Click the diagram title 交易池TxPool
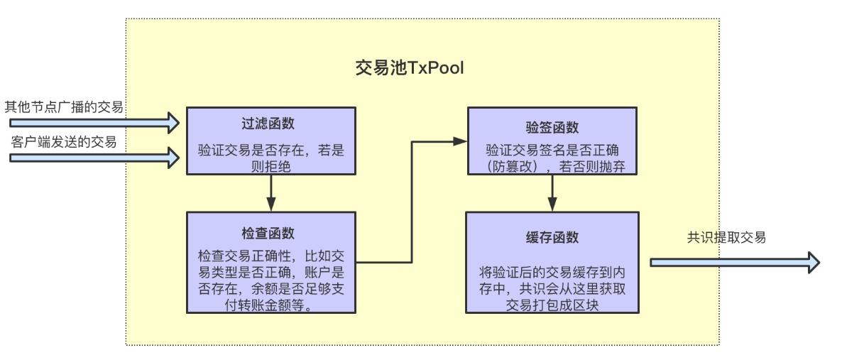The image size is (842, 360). click(x=410, y=68)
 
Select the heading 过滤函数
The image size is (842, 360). click(x=270, y=124)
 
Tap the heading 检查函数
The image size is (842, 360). click(x=270, y=234)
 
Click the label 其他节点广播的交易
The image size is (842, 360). click(x=65, y=107)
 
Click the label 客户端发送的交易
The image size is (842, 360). click(x=64, y=142)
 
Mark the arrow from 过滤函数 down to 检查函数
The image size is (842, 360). click(x=271, y=192)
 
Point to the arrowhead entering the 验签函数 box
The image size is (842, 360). click(x=461, y=141)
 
